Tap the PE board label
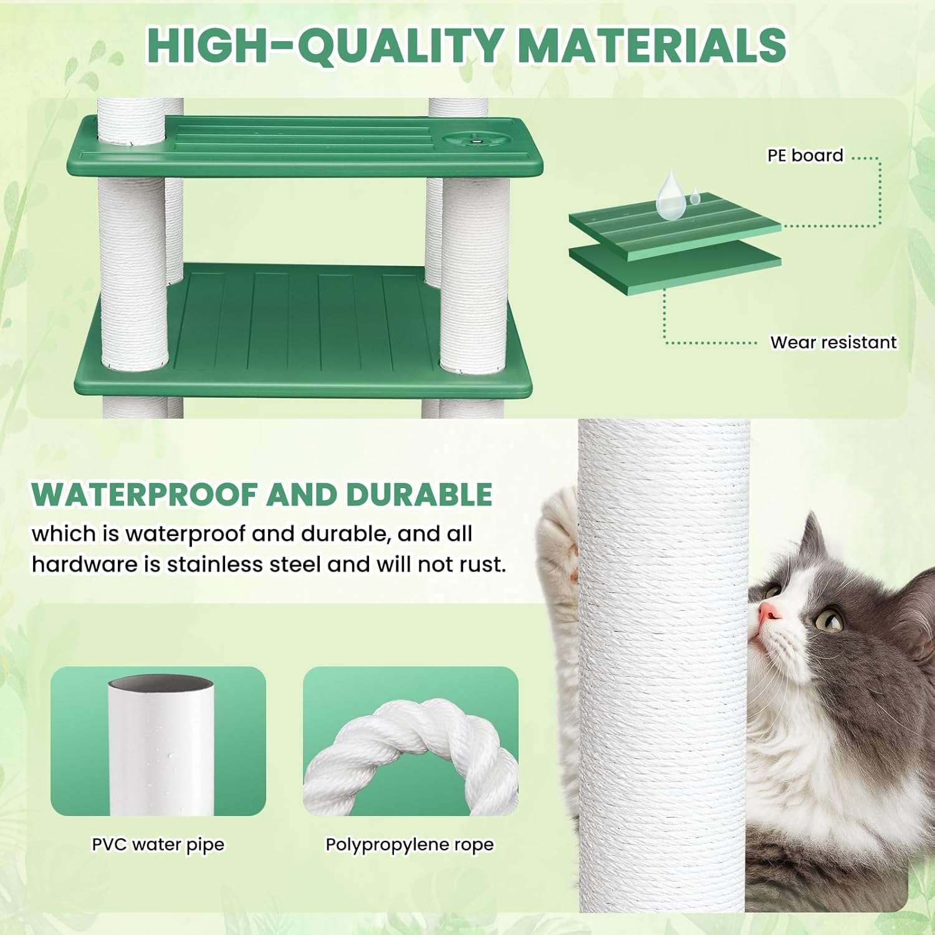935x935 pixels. [805, 155]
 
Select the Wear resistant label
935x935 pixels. [833, 342]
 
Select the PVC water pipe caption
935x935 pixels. [158, 845]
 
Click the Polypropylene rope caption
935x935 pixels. [410, 845]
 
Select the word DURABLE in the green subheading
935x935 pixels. [419, 494]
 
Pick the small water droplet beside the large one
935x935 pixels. [694, 199]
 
